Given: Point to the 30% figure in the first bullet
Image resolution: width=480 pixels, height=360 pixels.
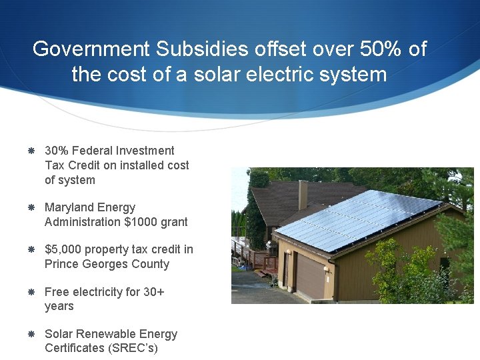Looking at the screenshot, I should pos(56,151).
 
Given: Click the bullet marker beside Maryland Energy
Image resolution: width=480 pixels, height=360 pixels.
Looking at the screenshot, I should pos(31,208).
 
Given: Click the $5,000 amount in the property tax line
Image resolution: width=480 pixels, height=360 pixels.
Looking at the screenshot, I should pos(63,249).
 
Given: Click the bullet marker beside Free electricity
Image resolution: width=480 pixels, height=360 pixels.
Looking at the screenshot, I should pos(31,292).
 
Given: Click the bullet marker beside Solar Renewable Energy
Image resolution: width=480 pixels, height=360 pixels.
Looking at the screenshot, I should pos(31,334).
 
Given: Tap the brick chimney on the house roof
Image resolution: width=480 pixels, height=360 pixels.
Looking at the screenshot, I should pos(303,193).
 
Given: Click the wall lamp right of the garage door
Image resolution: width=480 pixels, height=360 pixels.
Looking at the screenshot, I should pos(327,270).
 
